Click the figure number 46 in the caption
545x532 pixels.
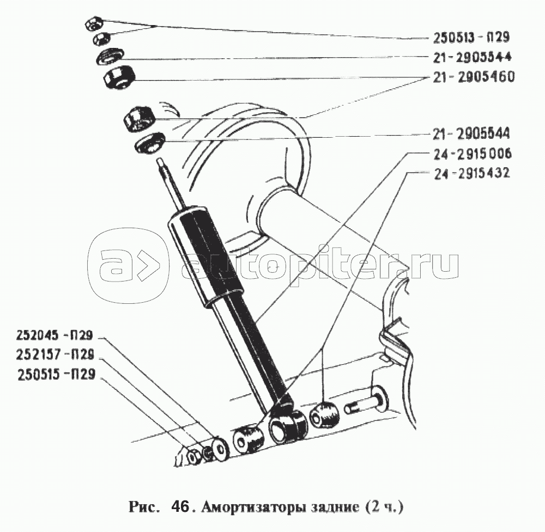[x=179, y=507]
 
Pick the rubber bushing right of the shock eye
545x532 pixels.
[x=325, y=415]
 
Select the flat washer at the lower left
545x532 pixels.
[x=220, y=448]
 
